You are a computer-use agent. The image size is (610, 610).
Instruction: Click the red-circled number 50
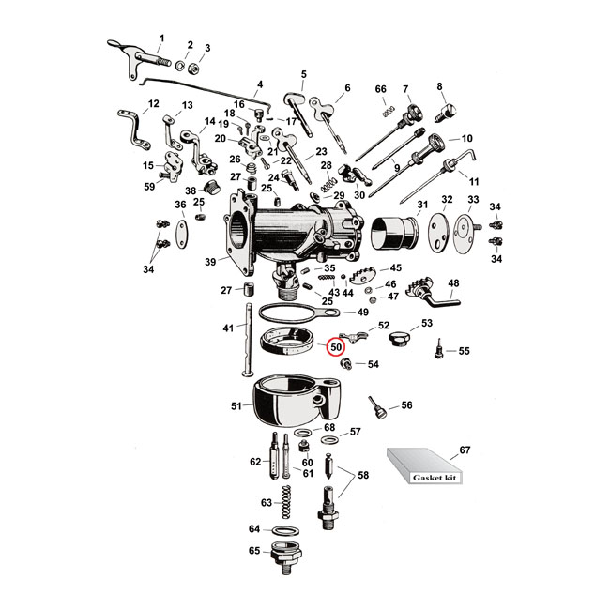[x=336, y=347]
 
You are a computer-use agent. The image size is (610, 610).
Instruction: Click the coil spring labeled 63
[x=288, y=502]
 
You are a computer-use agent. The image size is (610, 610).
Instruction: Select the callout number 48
[x=453, y=282]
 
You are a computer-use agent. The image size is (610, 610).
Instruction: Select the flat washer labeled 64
[x=284, y=529]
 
